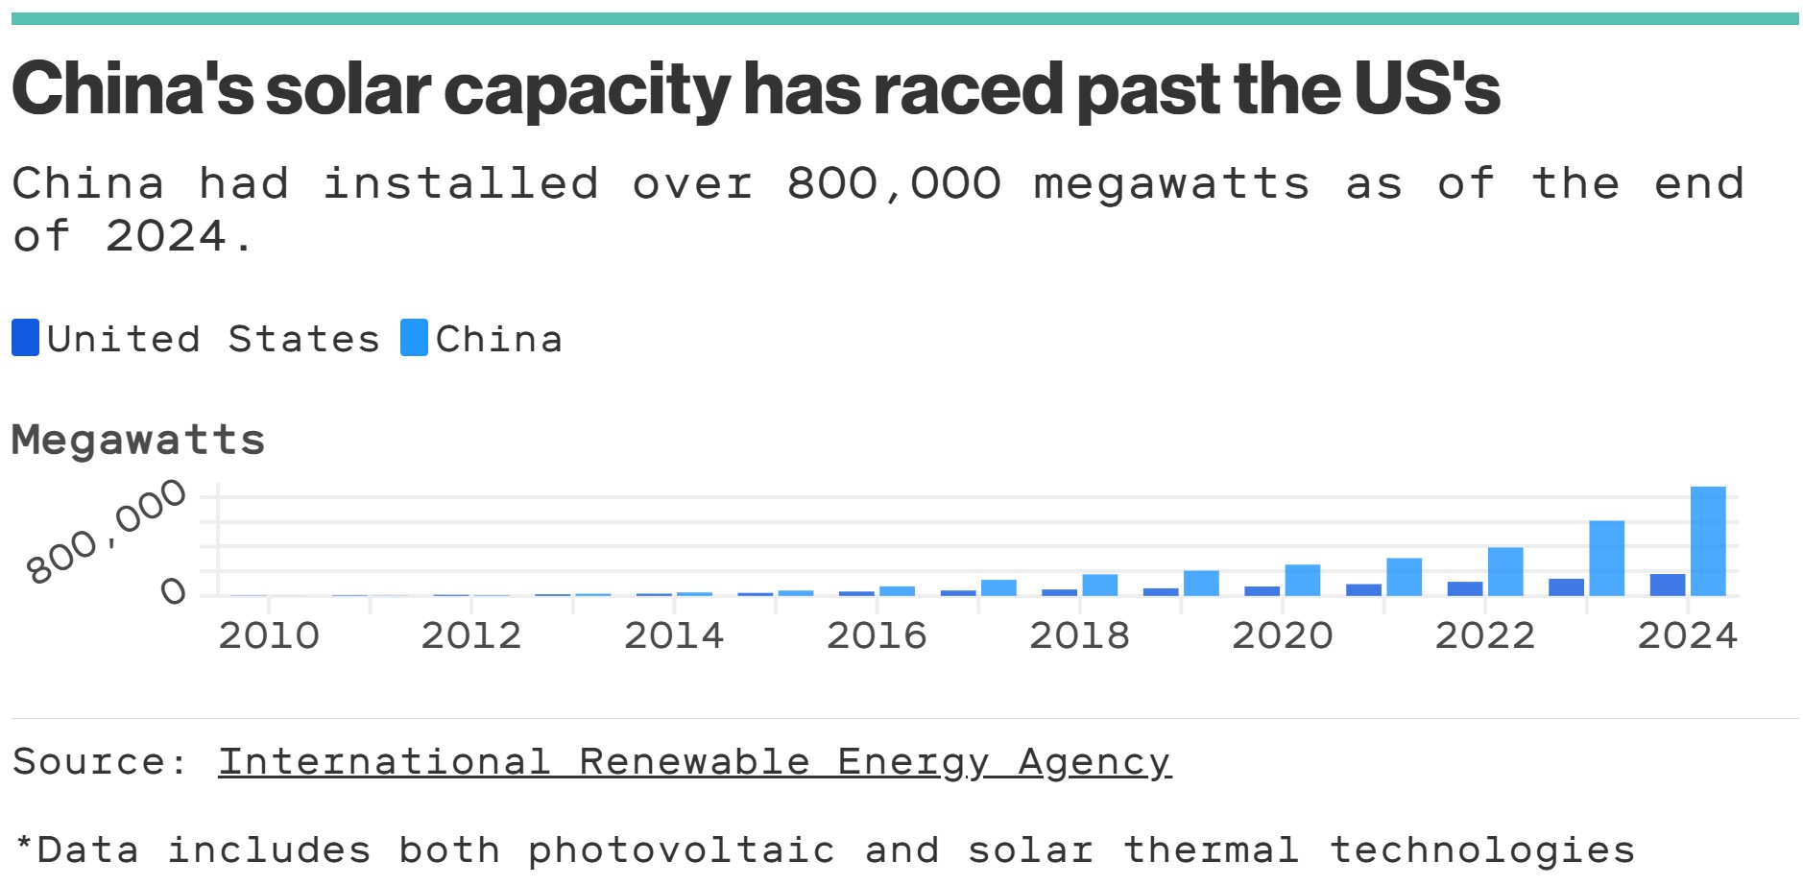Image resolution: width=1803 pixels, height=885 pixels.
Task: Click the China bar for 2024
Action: tap(1707, 541)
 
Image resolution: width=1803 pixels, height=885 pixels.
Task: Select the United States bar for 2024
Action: tap(1667, 585)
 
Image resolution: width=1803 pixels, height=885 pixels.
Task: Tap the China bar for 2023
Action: tap(1606, 558)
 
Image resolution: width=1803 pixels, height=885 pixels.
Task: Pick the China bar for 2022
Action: tap(1504, 571)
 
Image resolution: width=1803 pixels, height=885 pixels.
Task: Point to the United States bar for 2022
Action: tap(1464, 588)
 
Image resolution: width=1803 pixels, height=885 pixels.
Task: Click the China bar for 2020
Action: tap(1302, 580)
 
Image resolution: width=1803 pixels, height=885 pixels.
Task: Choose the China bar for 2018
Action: tap(1099, 585)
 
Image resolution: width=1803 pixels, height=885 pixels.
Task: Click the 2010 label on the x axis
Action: tap(269, 635)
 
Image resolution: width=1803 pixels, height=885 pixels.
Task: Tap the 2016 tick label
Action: tap(877, 635)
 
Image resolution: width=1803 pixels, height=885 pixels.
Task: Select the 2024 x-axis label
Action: tap(1687, 635)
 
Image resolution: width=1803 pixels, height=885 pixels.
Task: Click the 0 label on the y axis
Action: tap(174, 590)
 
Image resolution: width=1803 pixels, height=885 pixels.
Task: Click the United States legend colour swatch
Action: tap(25, 338)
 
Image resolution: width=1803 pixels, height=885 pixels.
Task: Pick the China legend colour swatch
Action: tap(414, 338)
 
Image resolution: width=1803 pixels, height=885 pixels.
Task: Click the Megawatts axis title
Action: tap(138, 440)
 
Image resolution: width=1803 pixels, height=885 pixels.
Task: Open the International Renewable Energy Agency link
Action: tap(694, 762)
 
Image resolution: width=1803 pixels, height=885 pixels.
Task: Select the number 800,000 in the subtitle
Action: tap(894, 183)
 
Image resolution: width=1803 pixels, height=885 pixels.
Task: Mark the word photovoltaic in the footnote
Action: tap(681, 850)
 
